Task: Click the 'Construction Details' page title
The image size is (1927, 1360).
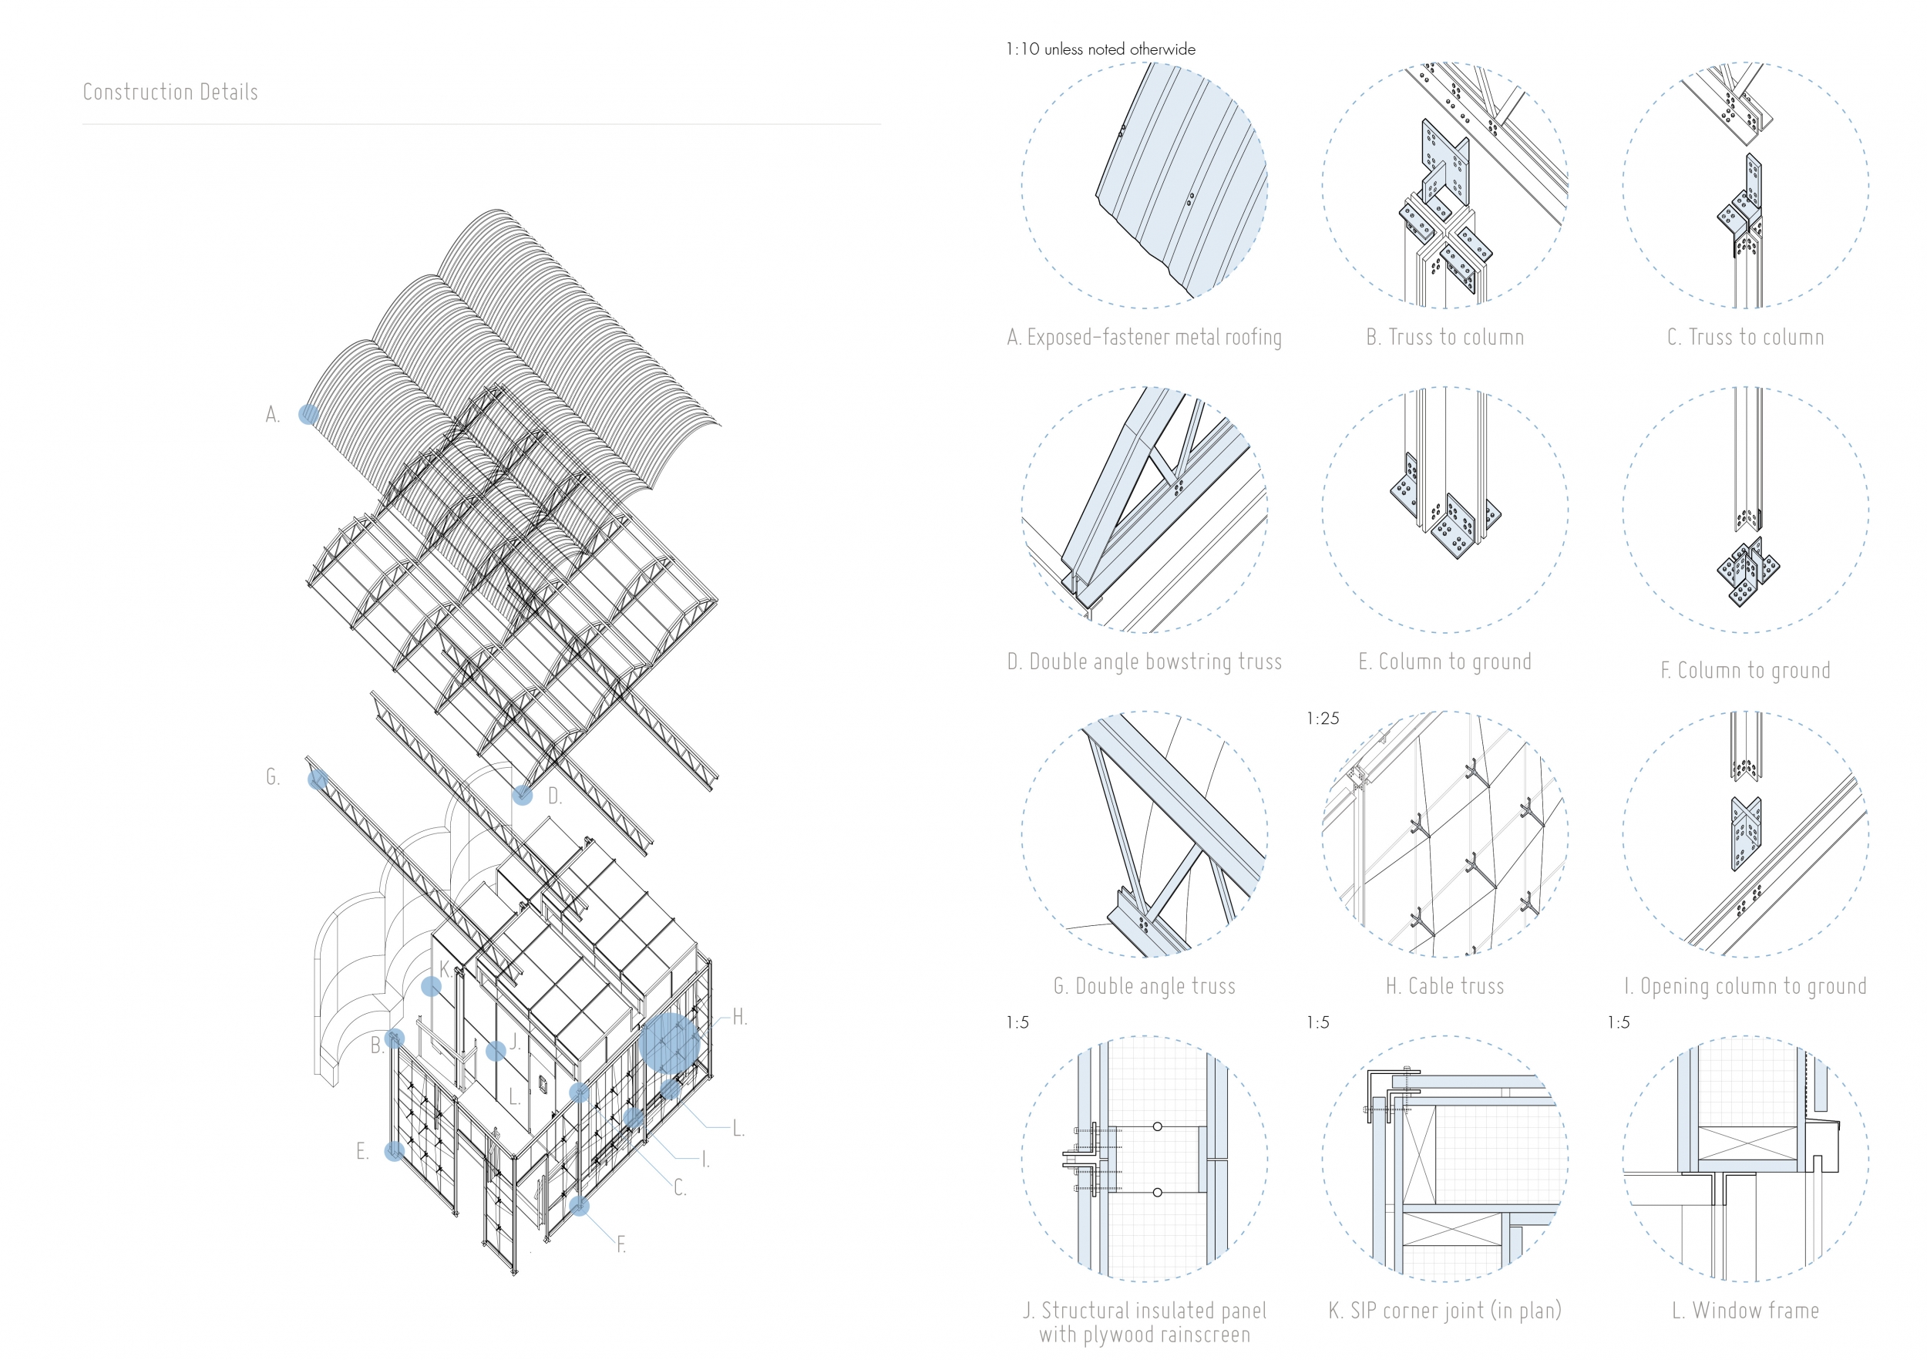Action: coord(170,93)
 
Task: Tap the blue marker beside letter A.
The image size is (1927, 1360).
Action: coord(309,414)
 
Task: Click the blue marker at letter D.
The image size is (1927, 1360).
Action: coord(522,794)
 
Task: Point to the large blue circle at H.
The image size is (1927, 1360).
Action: coord(669,1043)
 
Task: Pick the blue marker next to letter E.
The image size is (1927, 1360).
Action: coord(394,1151)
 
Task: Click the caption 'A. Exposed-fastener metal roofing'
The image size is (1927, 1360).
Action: coord(1144,338)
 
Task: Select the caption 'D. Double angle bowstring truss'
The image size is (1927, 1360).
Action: coord(1144,662)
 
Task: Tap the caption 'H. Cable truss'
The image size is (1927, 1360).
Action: coord(1444,986)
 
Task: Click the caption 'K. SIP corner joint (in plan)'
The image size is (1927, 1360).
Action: coord(1444,1311)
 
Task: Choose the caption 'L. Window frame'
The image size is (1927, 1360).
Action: coord(1745,1311)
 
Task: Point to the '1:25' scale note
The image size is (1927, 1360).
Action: coord(1323,719)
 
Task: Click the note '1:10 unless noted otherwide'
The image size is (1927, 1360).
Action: coord(1100,49)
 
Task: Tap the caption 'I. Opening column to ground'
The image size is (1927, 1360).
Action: coord(1745,986)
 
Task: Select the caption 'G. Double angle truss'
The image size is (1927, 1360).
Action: coord(1144,986)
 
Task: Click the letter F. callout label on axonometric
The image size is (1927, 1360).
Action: coord(621,1245)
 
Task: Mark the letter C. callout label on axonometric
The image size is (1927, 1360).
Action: coord(680,1188)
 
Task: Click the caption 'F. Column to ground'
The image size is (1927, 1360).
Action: coord(1745,671)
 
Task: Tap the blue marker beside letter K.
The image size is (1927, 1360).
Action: coord(432,986)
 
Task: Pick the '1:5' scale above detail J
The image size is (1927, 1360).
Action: coord(1017,1022)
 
